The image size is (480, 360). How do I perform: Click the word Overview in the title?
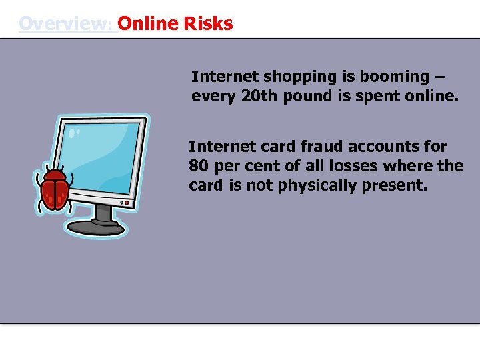pos(65,24)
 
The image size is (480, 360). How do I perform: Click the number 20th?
pos(259,96)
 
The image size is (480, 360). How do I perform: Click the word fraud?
pos(311,147)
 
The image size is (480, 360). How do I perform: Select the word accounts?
pos(382,147)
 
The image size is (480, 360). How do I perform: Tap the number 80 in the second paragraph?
pos(199,165)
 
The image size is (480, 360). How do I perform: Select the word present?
pos(393,185)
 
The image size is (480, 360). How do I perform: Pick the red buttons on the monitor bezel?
pos(125,201)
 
